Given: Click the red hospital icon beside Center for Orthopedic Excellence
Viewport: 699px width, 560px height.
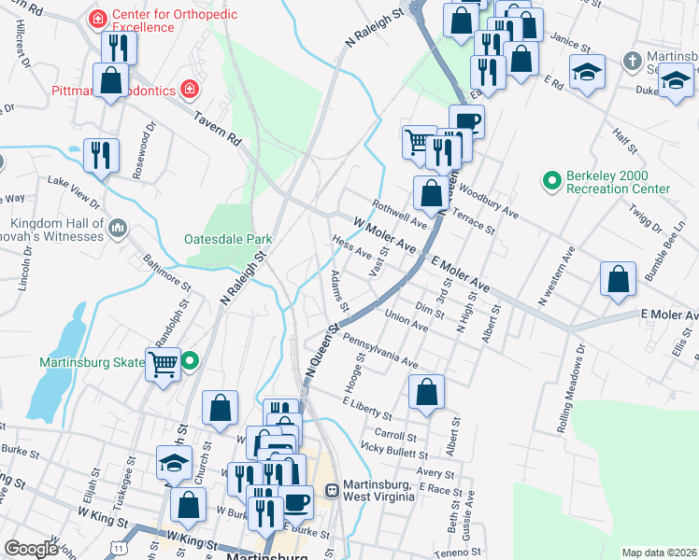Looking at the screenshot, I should pos(96,19).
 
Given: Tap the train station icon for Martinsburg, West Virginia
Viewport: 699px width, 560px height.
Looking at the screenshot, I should pos(331,490).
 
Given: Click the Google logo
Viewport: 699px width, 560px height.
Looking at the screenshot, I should pos(31,549).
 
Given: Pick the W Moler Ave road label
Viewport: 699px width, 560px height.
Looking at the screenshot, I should pos(384,234).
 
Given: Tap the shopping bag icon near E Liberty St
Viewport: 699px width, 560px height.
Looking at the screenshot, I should pos(426,393).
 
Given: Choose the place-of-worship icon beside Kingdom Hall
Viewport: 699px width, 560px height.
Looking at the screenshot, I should pos(118,228).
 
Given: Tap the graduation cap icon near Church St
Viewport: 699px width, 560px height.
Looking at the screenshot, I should pos(174,463).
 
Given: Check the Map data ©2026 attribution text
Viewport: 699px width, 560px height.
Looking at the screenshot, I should pos(659,553).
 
